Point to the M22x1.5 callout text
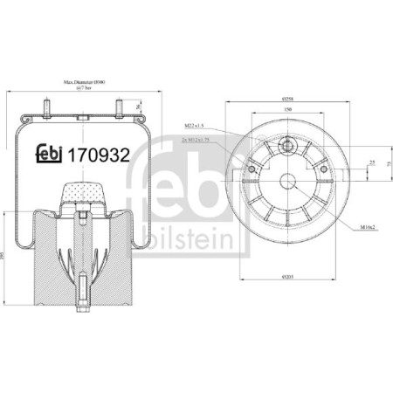(193, 127)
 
